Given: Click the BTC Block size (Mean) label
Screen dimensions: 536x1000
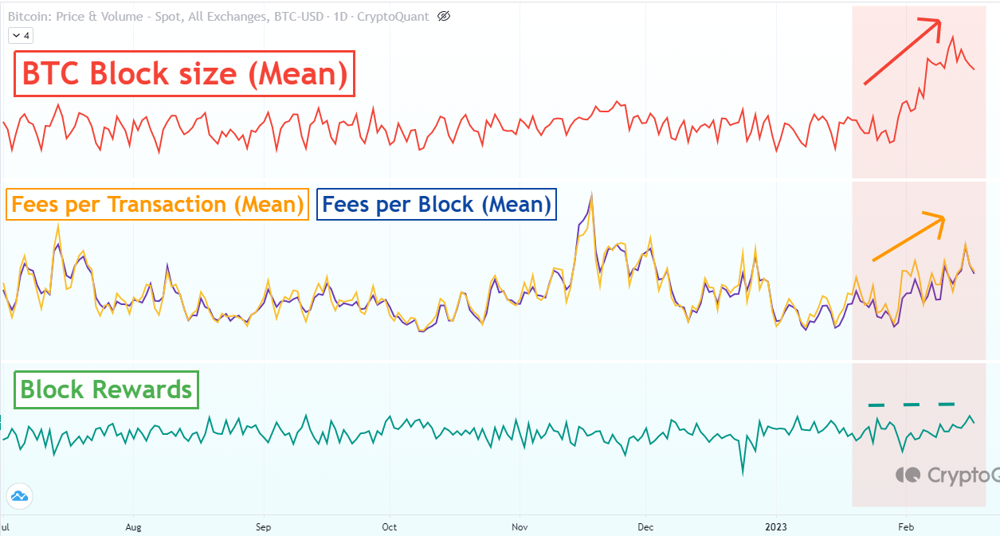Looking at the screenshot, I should tap(184, 74).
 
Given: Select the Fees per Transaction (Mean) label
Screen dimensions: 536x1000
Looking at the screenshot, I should tap(157, 205).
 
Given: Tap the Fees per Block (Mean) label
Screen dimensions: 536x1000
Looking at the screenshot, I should tap(437, 205).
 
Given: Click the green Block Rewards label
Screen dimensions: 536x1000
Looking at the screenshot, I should tap(106, 389).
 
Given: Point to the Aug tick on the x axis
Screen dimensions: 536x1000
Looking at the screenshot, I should tap(133, 526).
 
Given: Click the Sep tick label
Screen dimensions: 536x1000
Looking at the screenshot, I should tap(263, 526).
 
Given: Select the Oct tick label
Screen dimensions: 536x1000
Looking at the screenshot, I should tap(389, 526).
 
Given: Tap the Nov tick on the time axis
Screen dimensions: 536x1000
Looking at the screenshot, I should tap(520, 526).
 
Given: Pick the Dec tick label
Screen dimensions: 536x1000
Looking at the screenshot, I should tap(646, 526).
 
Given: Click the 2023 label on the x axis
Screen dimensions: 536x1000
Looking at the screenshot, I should tap(776, 526).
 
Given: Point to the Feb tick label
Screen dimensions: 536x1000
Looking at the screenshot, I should tap(905, 526).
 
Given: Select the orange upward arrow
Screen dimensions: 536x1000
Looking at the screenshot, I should tap(908, 237).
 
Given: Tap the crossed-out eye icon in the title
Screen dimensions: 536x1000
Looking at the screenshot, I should tap(445, 16).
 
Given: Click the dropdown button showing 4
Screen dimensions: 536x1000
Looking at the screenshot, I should tap(20, 35).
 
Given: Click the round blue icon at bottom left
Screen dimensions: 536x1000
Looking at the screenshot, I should tap(18, 496).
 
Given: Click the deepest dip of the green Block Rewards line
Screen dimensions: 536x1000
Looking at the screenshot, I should tap(743, 475).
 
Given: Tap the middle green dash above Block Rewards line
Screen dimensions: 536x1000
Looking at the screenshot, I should tap(911, 405).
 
